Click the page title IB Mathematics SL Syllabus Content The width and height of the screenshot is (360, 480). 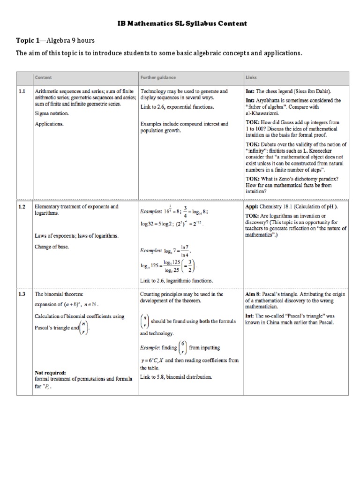click(180, 23)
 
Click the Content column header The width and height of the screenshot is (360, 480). click(43, 78)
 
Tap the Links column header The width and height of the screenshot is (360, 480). click(251, 78)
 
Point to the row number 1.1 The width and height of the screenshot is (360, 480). click(22, 92)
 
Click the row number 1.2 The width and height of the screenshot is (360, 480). click(22, 207)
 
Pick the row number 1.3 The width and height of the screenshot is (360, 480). click(22, 294)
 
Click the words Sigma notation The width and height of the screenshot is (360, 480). click(52, 114)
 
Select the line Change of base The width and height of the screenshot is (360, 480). click(52, 247)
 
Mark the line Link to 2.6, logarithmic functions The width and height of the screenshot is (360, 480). click(177, 281)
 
